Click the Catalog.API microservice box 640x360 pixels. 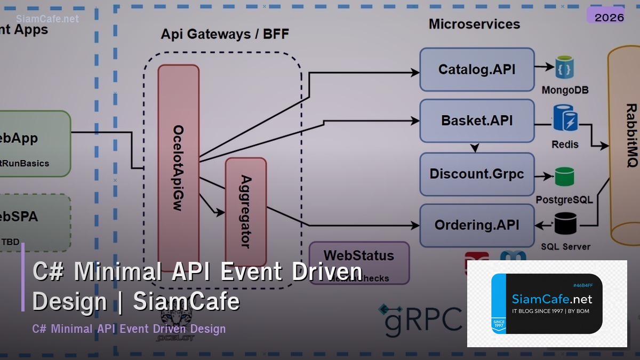click(x=476, y=70)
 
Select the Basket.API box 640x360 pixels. click(x=476, y=121)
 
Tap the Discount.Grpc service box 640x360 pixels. click(x=476, y=174)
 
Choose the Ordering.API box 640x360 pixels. click(x=476, y=225)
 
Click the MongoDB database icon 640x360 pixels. click(x=564, y=68)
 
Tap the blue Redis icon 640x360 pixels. click(x=565, y=118)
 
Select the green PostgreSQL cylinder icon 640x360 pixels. click(x=564, y=177)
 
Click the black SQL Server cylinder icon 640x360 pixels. click(x=565, y=223)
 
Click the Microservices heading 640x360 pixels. click(x=474, y=24)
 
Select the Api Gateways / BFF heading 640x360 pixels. click(x=225, y=34)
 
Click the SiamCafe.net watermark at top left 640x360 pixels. click(x=47, y=19)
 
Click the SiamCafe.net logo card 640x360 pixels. click(x=547, y=304)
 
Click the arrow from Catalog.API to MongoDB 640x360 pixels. click(x=544, y=67)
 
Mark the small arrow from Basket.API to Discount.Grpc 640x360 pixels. click(x=475, y=147)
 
